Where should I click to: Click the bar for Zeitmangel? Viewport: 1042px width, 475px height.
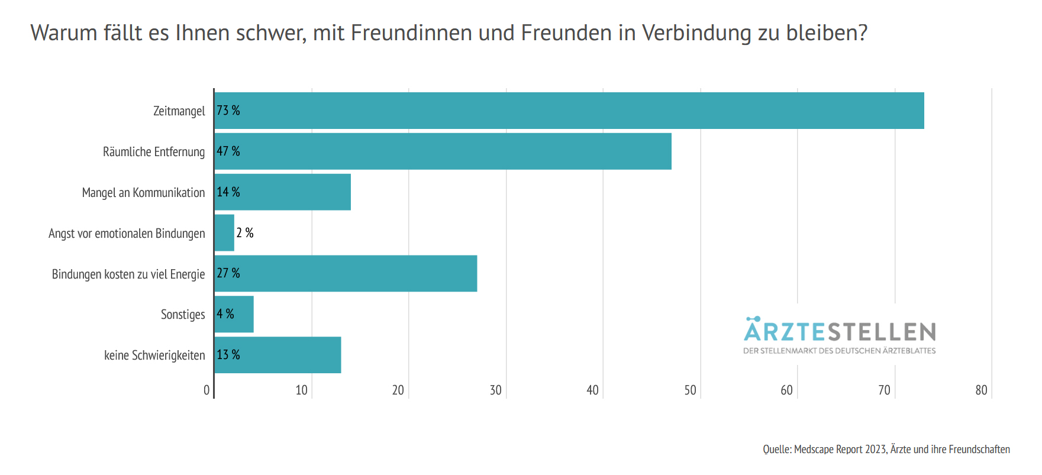[568, 111]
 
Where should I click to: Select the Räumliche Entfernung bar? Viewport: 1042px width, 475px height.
[443, 151]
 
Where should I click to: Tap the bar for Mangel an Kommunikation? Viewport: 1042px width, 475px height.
[282, 192]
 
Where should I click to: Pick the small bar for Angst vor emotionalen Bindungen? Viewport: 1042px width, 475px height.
[224, 233]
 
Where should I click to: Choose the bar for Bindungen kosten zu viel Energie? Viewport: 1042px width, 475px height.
[346, 273]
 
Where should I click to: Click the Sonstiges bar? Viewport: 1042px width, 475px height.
[234, 314]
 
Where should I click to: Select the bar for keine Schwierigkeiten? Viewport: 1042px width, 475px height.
[278, 355]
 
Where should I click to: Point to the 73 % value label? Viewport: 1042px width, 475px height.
[228, 111]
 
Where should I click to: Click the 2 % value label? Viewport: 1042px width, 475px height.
[245, 233]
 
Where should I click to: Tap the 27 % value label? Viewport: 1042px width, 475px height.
[228, 273]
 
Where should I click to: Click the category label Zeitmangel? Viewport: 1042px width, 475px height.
[179, 111]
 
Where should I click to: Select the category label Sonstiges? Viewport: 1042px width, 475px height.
[183, 315]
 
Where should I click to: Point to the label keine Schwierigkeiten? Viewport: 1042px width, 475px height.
[154, 356]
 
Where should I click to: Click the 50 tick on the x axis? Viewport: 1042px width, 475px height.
[690, 390]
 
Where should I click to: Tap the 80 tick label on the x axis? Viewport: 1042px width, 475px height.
[981, 390]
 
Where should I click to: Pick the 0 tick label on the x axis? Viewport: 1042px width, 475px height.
[207, 390]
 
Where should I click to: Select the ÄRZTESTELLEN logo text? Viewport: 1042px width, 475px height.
[840, 331]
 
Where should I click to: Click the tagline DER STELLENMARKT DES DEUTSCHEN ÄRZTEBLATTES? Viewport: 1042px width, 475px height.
[840, 351]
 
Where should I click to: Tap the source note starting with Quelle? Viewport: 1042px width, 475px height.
[886, 450]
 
